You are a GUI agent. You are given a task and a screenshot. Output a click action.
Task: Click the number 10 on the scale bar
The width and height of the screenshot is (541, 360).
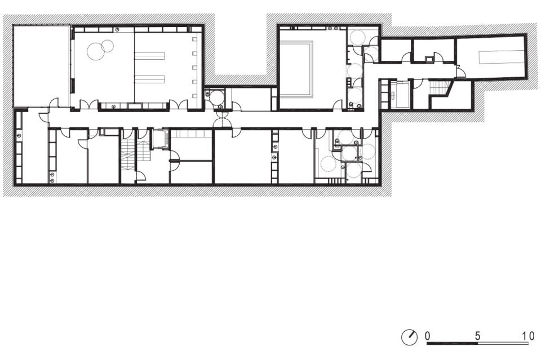tap(528, 336)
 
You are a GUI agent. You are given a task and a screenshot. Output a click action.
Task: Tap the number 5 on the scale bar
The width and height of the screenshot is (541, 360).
tap(477, 336)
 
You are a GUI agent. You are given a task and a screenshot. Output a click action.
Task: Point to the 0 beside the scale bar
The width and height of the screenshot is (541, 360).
tap(428, 336)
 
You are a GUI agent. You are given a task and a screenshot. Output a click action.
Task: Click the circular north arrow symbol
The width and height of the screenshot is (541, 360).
tap(409, 337)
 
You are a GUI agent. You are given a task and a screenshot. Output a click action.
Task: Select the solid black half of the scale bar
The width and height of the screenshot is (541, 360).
tap(453, 343)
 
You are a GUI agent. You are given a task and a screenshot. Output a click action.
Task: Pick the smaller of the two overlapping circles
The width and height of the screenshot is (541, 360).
tap(107, 45)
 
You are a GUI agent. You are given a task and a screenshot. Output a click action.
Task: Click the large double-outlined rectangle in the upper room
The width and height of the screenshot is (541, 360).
tap(296, 69)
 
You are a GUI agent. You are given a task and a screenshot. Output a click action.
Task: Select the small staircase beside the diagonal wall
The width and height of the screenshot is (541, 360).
tap(439, 87)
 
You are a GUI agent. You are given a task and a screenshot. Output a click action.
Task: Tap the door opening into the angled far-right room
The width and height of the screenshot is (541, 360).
tap(460, 73)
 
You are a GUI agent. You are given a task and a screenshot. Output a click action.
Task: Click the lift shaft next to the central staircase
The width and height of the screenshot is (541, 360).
tap(160, 138)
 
